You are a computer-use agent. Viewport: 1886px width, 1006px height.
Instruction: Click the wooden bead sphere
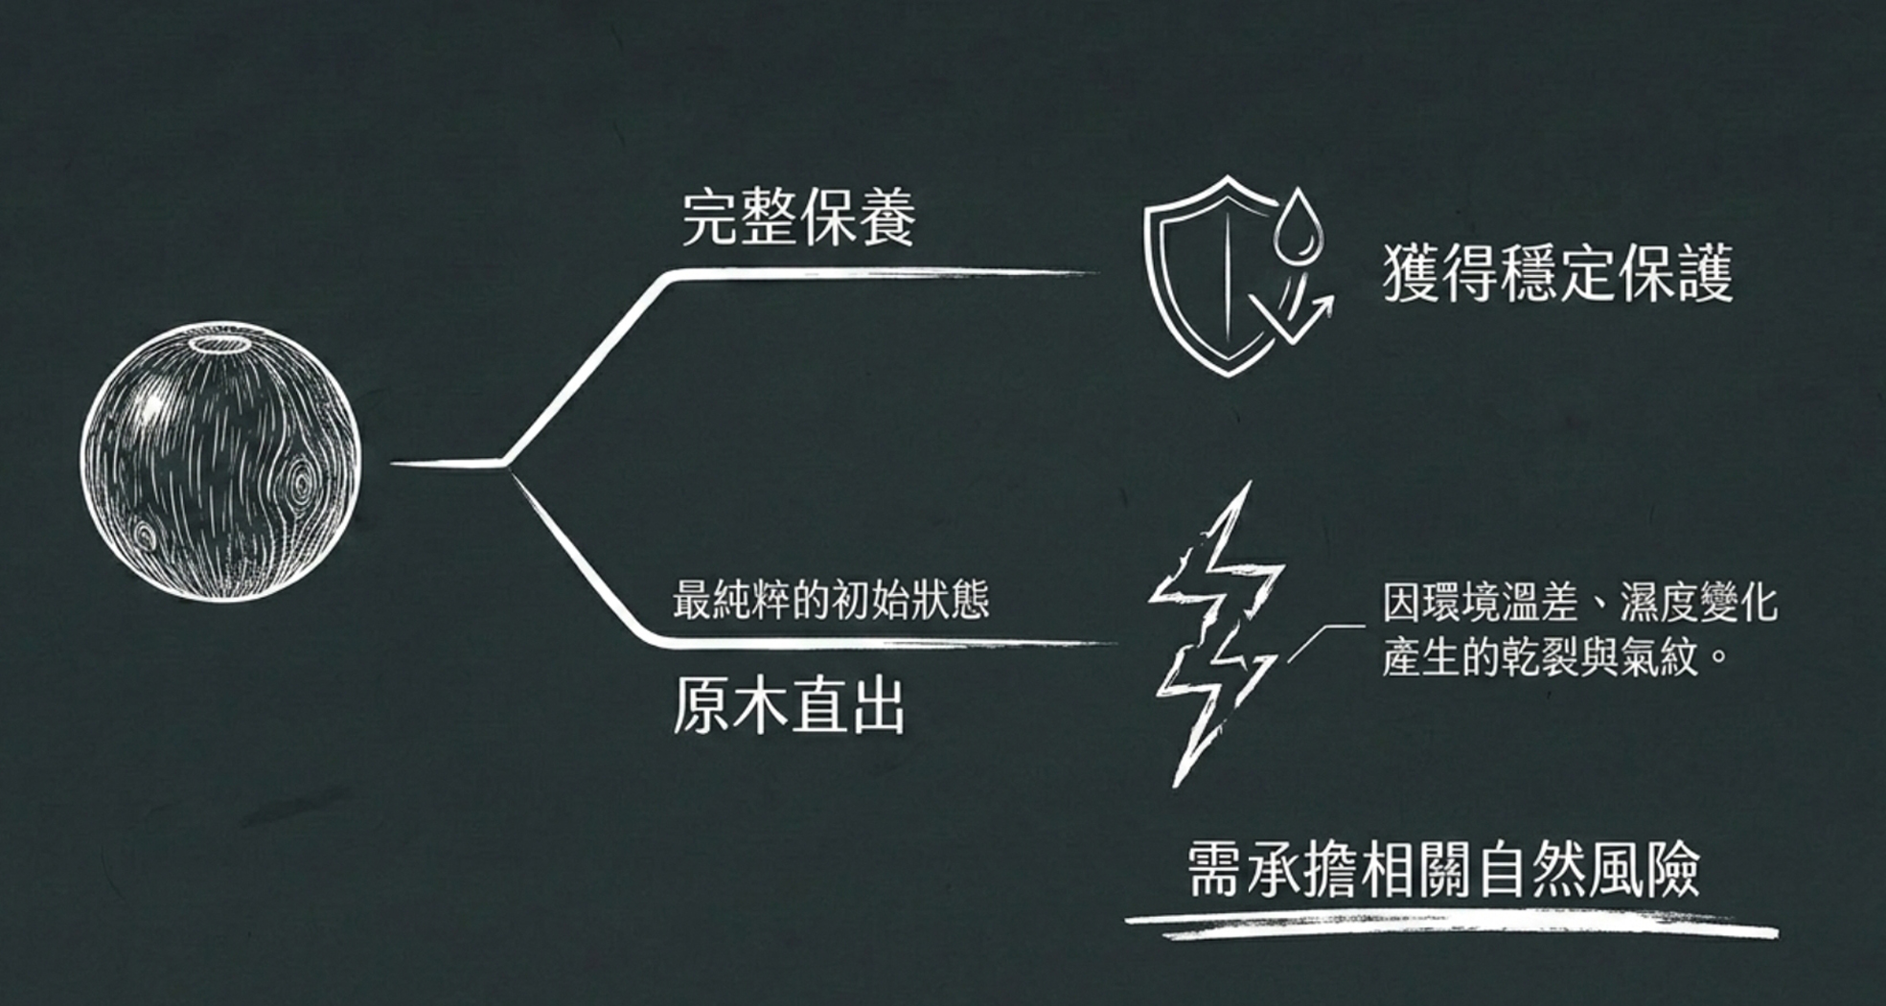click(221, 462)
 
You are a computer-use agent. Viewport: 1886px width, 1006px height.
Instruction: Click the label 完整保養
click(799, 217)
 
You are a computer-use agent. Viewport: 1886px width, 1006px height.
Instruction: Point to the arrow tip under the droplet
click(1326, 300)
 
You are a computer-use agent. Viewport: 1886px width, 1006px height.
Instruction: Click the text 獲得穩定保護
click(1558, 275)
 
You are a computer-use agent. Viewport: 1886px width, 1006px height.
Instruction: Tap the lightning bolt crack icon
click(1216, 632)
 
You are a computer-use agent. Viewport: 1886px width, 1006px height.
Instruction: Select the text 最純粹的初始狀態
click(830, 601)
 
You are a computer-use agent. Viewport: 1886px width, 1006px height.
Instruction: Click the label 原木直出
click(789, 706)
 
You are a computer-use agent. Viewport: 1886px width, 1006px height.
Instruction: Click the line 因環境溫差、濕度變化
click(1579, 604)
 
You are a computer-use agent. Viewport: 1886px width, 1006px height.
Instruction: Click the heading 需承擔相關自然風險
click(1443, 870)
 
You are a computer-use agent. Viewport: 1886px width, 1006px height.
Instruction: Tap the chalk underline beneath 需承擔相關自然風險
click(1452, 925)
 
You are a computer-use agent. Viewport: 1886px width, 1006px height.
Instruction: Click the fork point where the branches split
click(503, 465)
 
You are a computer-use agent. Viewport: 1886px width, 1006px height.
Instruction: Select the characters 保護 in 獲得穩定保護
click(1676, 275)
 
